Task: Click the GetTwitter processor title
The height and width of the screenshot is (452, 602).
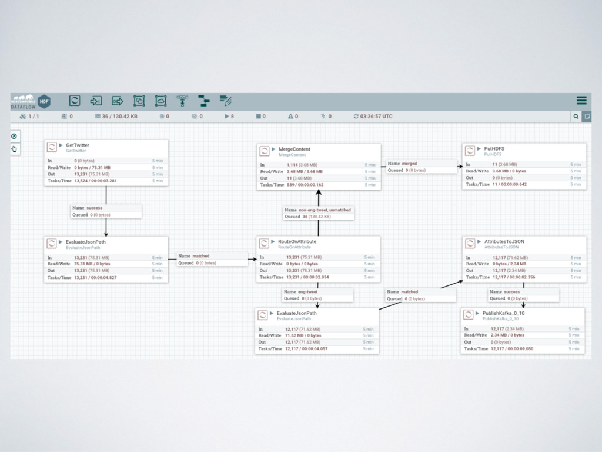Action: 78,145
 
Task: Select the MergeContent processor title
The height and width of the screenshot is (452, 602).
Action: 294,149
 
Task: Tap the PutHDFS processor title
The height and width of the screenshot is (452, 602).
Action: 494,148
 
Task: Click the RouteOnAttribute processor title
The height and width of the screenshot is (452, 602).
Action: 297,241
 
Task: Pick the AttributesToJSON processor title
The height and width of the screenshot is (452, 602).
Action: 504,241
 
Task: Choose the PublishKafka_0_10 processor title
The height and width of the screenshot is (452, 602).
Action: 503,313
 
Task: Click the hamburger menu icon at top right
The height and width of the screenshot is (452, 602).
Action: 581,100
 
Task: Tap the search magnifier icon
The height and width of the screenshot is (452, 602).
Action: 576,117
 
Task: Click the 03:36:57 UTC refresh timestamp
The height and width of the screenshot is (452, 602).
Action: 376,117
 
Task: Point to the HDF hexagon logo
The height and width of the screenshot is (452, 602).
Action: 44,101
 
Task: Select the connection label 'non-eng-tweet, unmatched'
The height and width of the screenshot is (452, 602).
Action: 325,210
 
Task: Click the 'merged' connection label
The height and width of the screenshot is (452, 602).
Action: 409,164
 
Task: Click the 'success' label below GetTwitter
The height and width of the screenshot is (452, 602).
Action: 94,208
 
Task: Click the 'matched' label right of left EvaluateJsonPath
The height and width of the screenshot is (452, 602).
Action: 200,256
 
